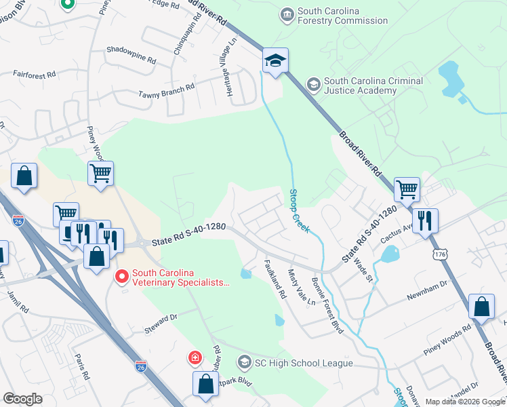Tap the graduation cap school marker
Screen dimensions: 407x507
276,61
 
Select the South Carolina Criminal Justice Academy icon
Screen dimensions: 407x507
313,85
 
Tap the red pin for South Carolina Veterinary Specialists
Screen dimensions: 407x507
122,276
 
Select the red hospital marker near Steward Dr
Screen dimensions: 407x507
195,357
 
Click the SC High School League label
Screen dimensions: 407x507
303,363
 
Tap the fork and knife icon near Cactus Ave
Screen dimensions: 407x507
426,220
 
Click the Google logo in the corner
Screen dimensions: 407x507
22,398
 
